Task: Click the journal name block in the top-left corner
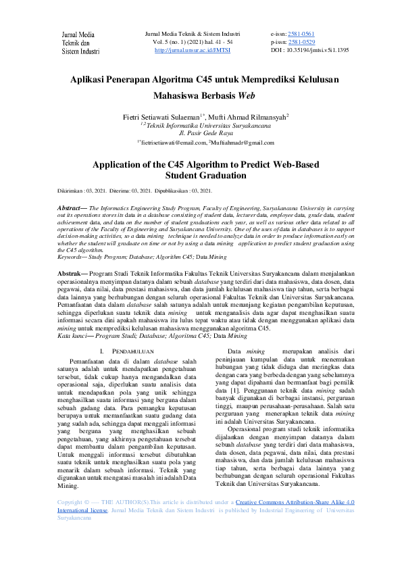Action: [x=80, y=42]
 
